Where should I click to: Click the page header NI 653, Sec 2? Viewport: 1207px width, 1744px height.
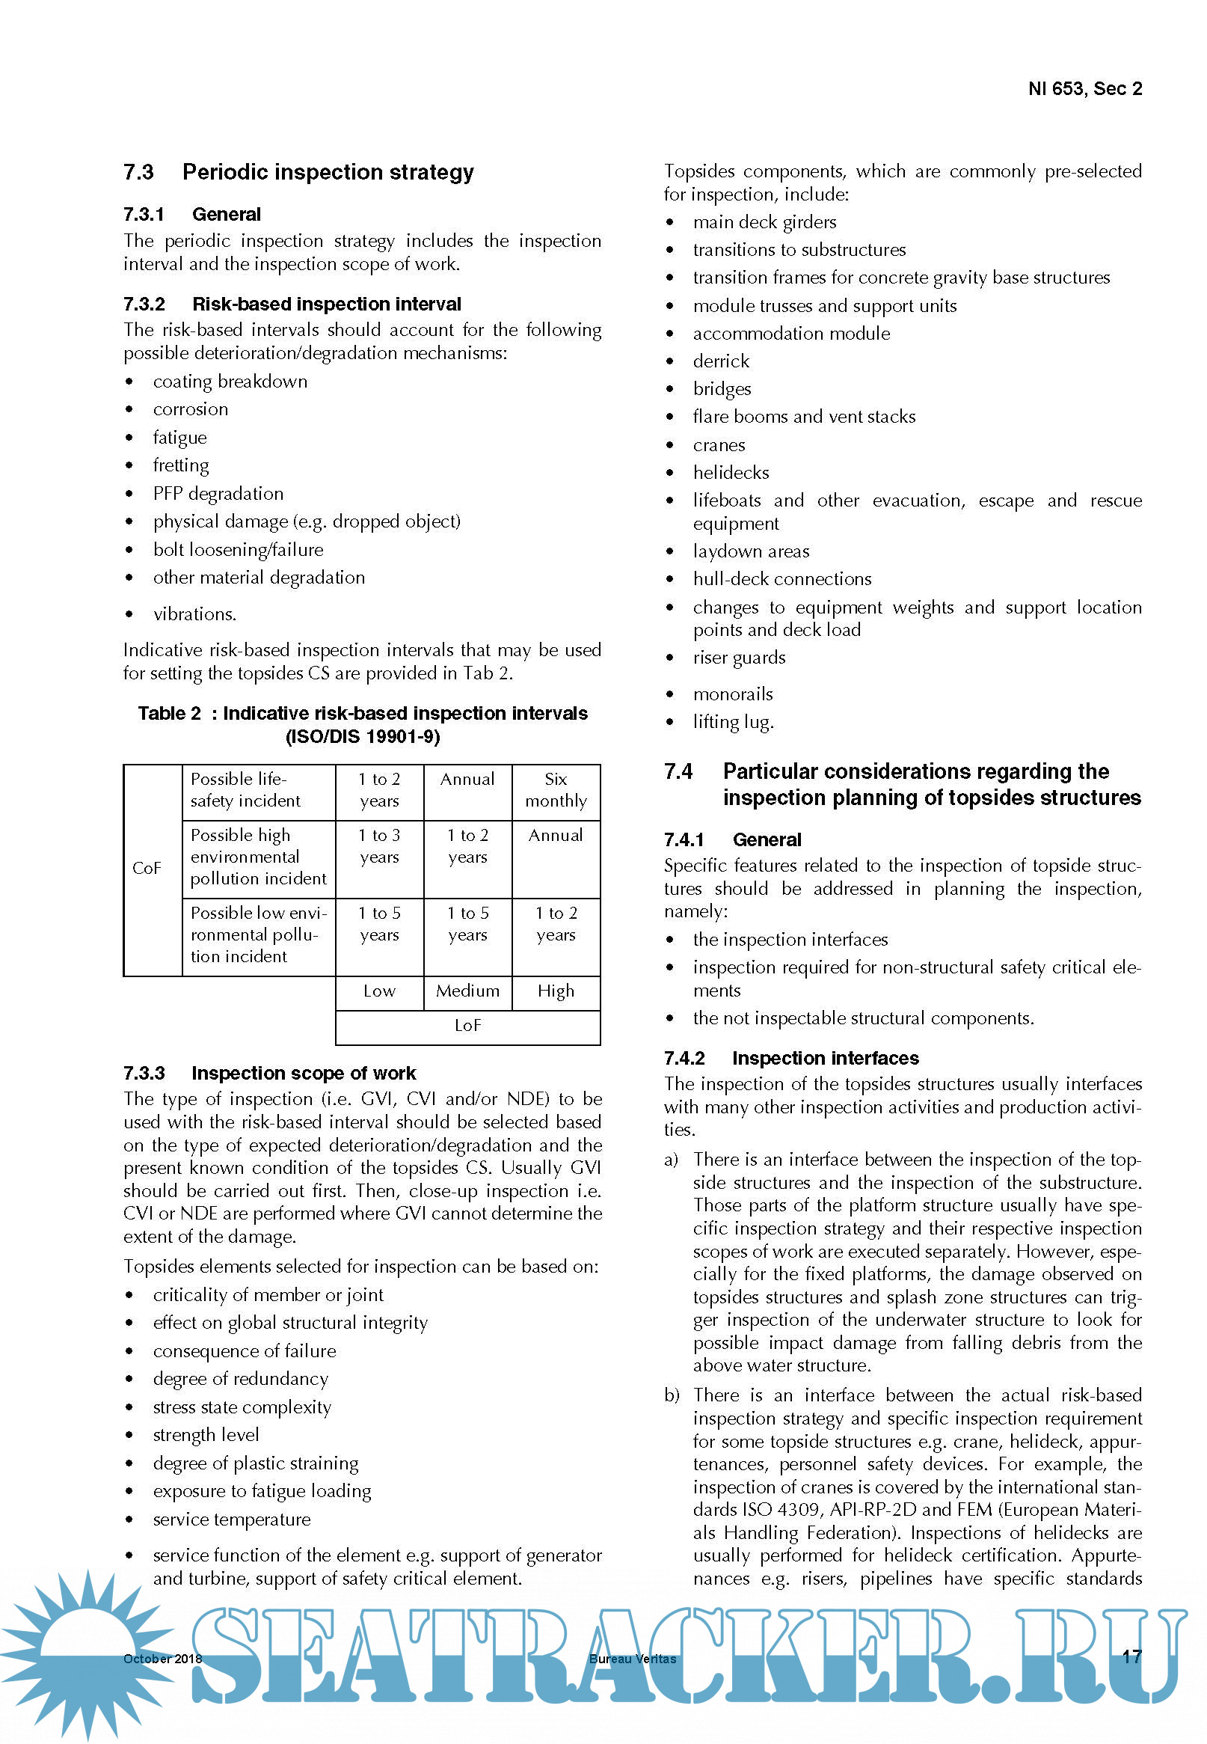[1084, 89]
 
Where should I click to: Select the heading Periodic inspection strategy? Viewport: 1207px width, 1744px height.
[328, 173]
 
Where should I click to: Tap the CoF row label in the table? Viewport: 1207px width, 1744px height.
[147, 868]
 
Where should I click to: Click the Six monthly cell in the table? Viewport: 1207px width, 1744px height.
[556, 790]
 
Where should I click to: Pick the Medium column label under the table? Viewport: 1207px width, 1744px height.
[467, 991]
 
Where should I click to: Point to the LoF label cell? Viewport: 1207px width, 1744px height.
[467, 1025]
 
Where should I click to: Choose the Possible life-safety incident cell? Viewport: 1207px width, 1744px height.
[246, 790]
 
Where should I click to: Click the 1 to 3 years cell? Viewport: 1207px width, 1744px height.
[379, 846]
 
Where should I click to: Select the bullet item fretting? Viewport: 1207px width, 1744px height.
[181, 465]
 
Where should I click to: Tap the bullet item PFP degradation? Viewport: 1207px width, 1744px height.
[218, 493]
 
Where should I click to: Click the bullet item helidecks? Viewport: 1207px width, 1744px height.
[731, 473]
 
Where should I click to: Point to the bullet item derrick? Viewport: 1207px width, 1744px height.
[721, 361]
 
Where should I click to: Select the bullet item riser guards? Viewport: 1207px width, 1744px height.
[739, 658]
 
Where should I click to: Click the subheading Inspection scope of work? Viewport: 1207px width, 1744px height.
[304, 1073]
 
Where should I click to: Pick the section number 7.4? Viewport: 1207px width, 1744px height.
[678, 772]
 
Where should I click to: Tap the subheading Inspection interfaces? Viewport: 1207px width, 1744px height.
[825, 1058]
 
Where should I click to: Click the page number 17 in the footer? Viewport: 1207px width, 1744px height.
[1131, 1656]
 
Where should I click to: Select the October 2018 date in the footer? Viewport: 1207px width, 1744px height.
[162, 1659]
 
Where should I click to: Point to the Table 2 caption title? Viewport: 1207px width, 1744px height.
[362, 724]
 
